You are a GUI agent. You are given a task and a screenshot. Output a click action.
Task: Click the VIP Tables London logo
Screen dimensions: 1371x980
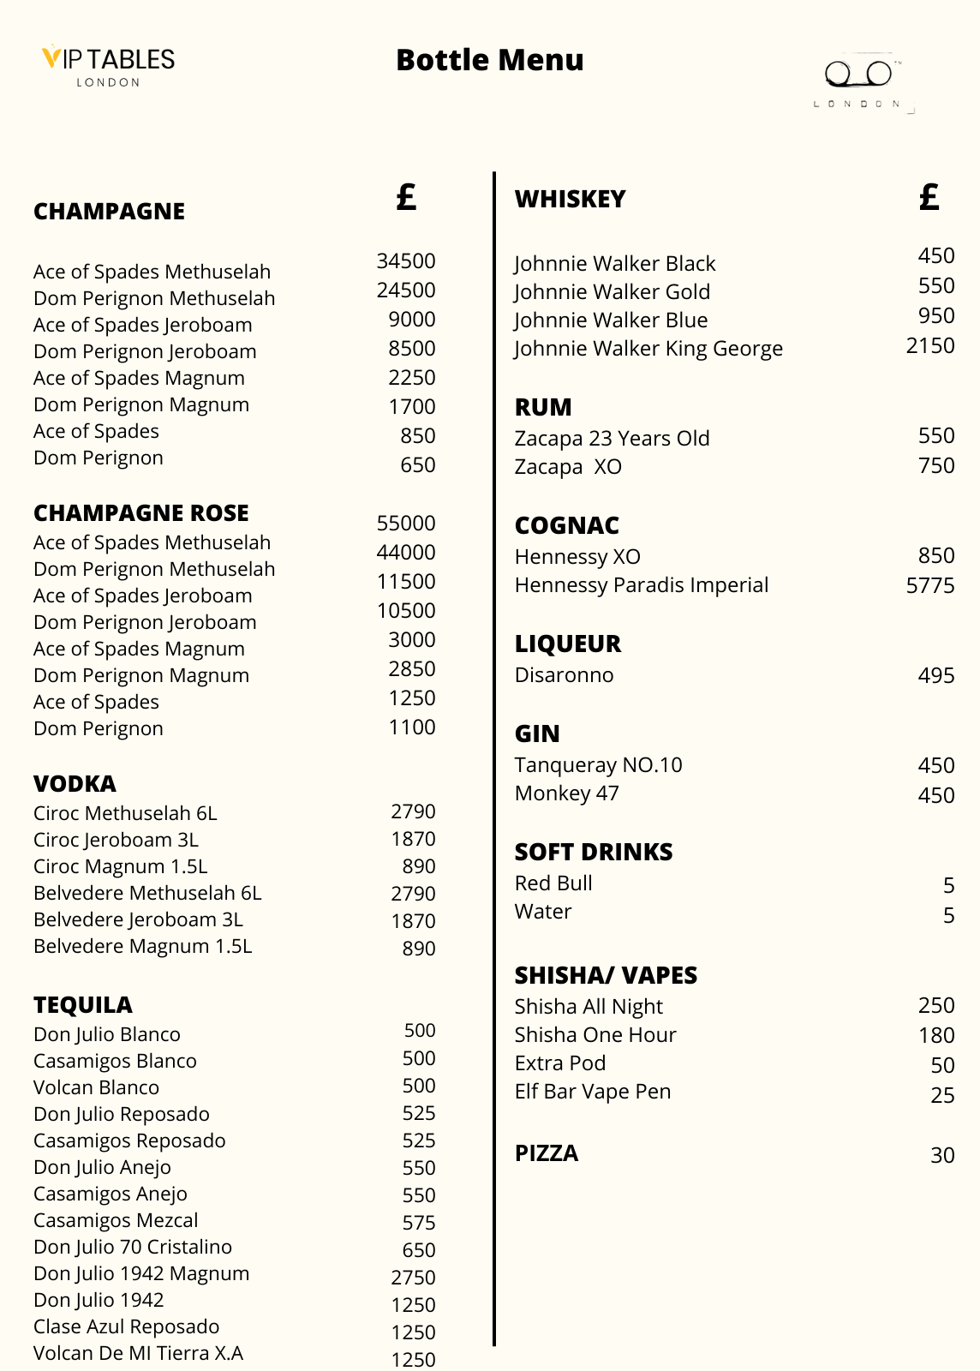point(108,65)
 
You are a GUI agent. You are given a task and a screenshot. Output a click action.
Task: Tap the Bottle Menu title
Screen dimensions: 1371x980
point(489,60)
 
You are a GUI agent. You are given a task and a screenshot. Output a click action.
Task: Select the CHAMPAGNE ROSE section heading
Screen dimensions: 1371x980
point(141,512)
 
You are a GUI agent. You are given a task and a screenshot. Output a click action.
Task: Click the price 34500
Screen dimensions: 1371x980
point(406,261)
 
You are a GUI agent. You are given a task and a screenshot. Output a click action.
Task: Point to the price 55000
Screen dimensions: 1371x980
point(406,524)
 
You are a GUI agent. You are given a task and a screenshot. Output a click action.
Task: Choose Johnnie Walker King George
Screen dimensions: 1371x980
point(648,349)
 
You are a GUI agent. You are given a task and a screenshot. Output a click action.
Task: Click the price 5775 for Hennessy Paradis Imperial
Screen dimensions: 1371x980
point(929,586)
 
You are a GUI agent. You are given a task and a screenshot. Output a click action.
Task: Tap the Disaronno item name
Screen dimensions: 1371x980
point(564,675)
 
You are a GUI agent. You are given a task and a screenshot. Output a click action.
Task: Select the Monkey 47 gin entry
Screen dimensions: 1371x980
point(566,793)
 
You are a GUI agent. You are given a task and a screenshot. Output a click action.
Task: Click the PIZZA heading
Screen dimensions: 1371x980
point(547,1153)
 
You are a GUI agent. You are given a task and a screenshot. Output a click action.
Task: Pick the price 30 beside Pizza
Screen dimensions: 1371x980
point(942,1156)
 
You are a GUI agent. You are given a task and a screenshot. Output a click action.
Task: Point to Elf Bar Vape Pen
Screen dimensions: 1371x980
point(593,1092)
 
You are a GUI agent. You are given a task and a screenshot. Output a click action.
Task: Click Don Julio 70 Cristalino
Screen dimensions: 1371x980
point(133,1248)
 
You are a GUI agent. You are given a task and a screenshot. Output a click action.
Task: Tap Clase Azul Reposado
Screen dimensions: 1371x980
point(126,1327)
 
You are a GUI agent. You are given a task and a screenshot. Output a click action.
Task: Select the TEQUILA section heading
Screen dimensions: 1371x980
point(83,1004)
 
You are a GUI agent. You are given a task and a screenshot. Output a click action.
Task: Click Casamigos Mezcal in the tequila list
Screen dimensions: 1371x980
point(116,1221)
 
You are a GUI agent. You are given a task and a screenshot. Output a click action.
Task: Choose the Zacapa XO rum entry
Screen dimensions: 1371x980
point(568,467)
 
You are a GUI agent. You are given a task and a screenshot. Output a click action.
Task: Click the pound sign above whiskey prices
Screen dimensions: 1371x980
point(929,198)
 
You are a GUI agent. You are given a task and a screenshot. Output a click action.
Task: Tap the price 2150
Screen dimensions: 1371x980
point(929,346)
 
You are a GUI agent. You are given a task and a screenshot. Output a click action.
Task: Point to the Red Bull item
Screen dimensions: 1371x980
point(553,883)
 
